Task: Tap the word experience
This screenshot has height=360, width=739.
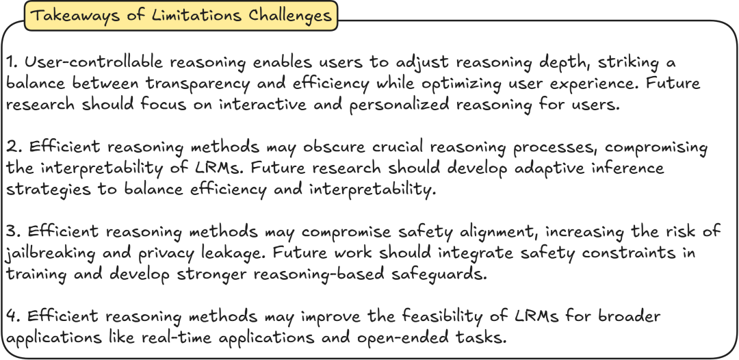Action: (x=591, y=84)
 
